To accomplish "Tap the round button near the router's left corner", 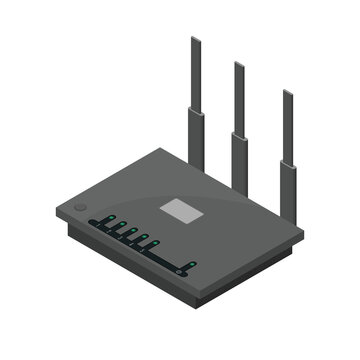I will click(x=81, y=209).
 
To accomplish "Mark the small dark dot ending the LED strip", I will click(x=183, y=270).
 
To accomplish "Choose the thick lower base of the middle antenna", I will click(x=240, y=160).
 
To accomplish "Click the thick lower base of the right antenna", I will click(x=288, y=187).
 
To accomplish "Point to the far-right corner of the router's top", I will click(x=302, y=236).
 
